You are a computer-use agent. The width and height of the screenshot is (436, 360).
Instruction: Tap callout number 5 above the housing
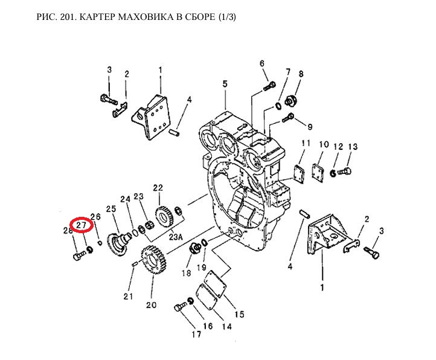pyautogui.click(x=224, y=84)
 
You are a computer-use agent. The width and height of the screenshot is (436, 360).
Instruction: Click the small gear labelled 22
pyautogui.click(x=162, y=214)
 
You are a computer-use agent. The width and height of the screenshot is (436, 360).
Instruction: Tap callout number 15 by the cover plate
pyautogui.click(x=239, y=314)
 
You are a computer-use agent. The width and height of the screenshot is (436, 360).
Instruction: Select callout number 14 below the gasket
pyautogui.click(x=226, y=327)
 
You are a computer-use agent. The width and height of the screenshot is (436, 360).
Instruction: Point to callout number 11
pyautogui.click(x=306, y=143)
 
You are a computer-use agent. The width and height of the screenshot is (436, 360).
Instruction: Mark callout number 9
pyautogui.click(x=310, y=127)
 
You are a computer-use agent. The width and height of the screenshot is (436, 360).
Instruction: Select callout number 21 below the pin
pyautogui.click(x=128, y=296)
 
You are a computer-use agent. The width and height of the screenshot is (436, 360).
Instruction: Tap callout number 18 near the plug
pyautogui.click(x=187, y=272)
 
